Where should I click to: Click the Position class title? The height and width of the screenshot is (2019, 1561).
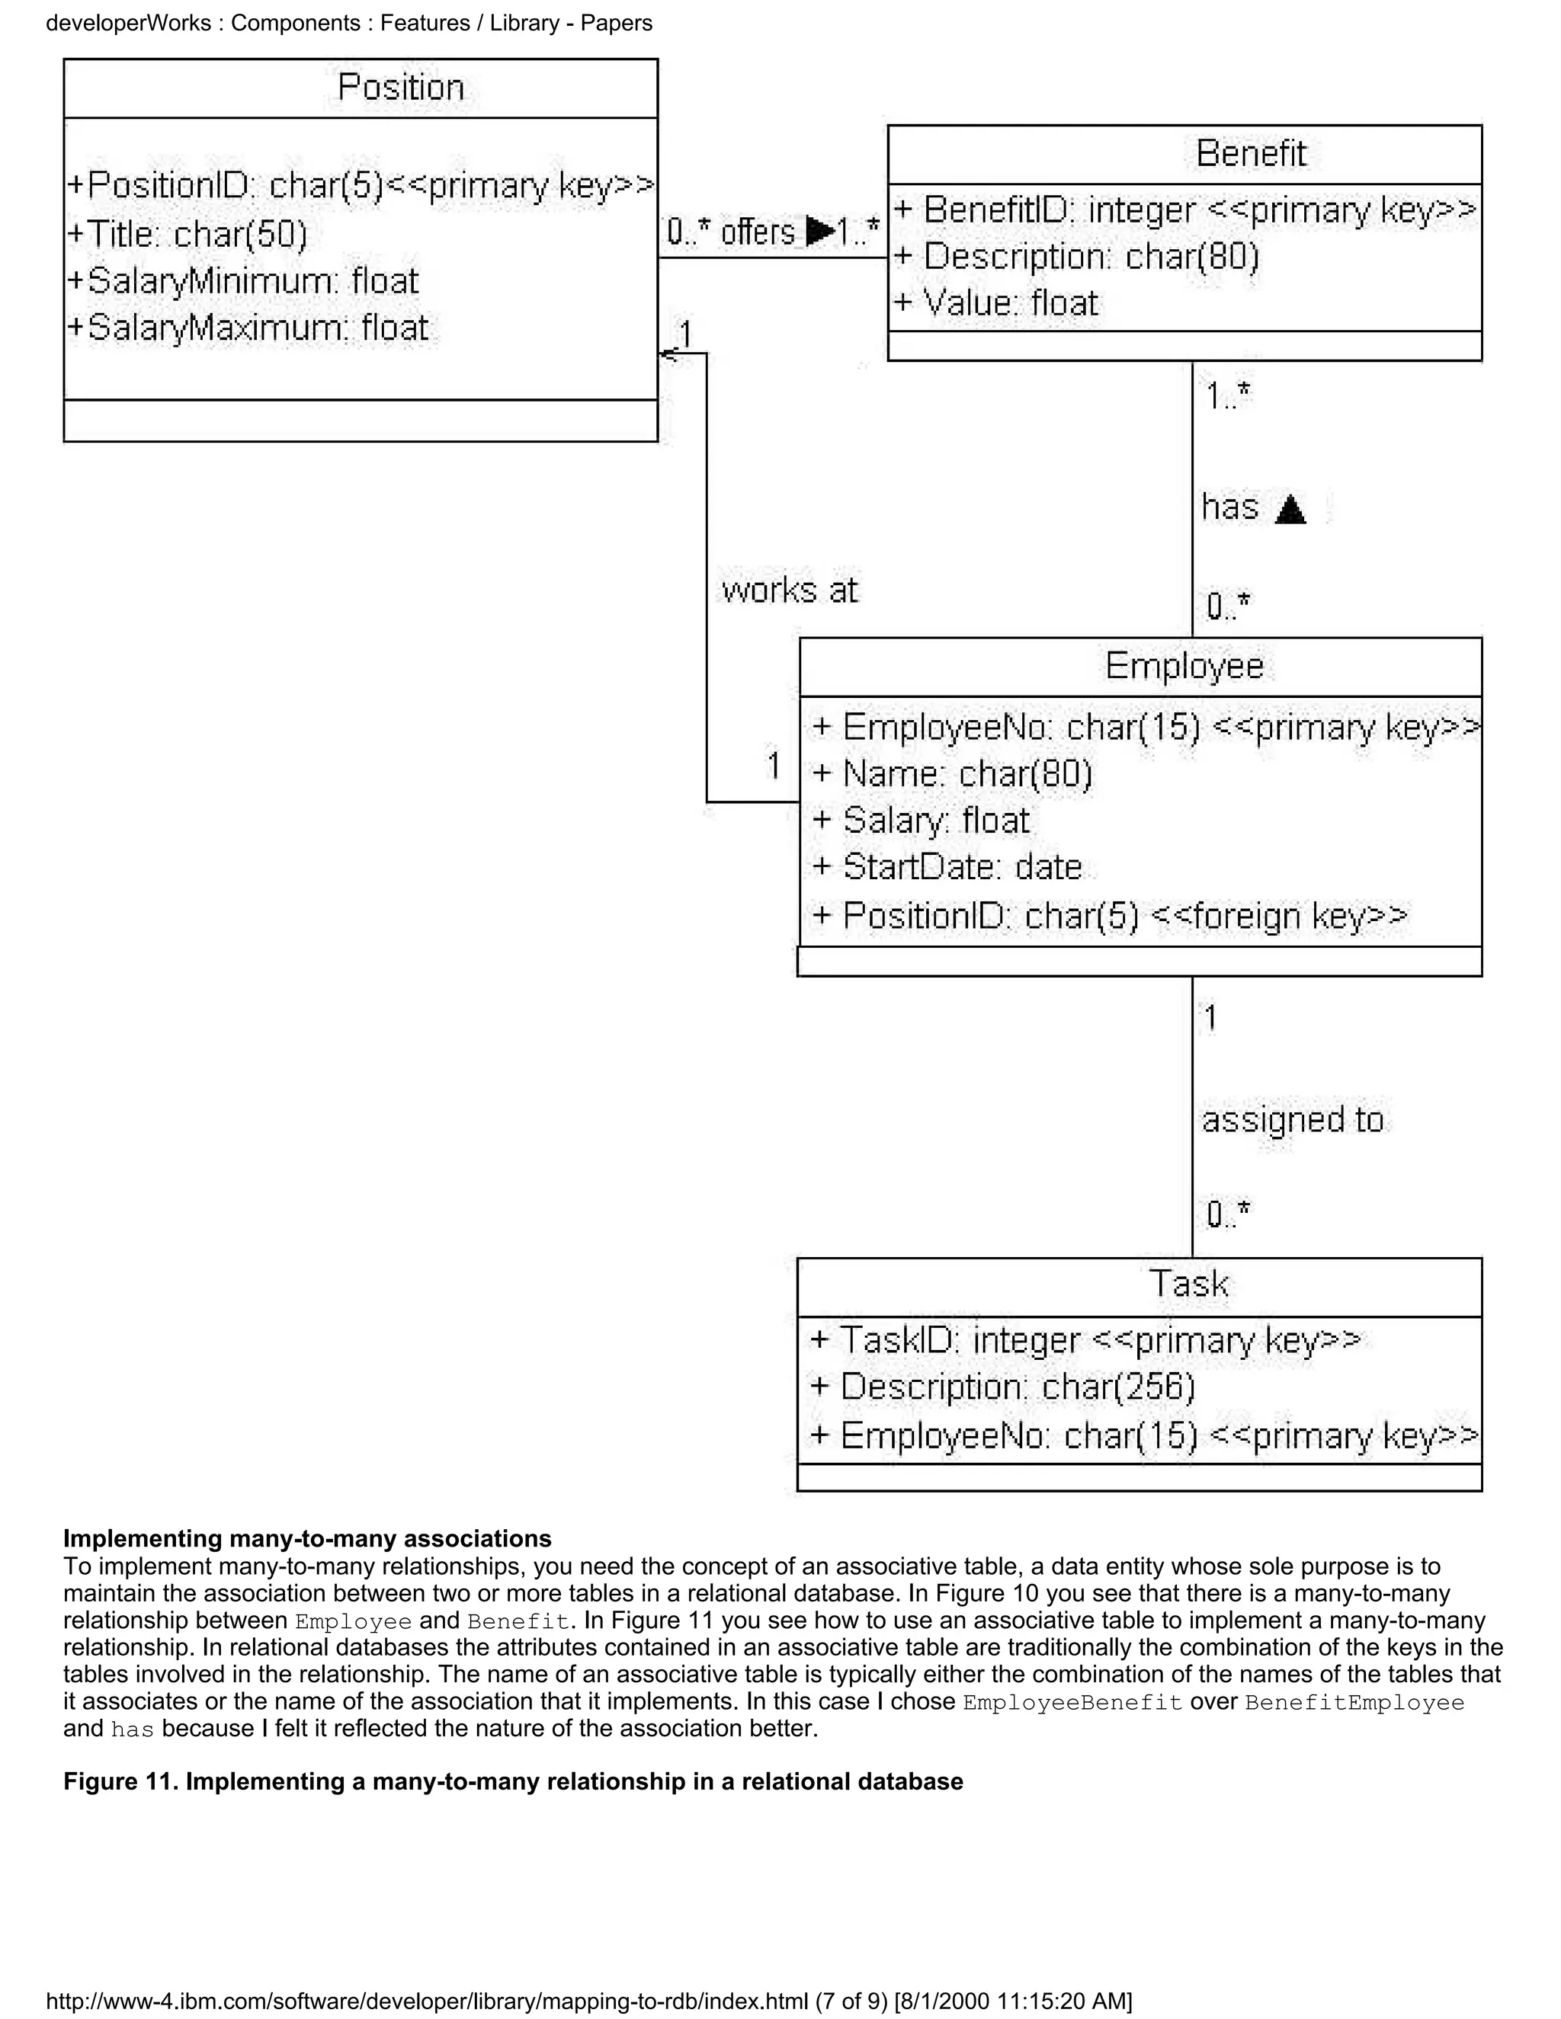[400, 88]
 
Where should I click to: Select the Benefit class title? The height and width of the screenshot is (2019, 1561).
[1250, 153]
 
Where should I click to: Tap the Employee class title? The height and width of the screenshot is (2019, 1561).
[1184, 667]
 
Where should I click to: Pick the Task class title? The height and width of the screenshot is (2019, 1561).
[1188, 1284]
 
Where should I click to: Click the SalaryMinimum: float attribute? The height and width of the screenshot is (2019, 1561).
[244, 281]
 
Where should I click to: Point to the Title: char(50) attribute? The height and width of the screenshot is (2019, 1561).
[188, 234]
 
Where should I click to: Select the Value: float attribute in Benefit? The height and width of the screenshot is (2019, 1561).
[997, 303]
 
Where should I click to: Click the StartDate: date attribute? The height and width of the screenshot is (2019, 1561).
[948, 867]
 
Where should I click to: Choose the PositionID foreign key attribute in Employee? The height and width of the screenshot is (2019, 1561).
[1110, 916]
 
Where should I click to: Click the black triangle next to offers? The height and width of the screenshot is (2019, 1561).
[819, 230]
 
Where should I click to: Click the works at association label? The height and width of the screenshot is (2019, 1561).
[789, 590]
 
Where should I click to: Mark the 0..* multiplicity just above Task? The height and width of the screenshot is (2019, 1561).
[1228, 1213]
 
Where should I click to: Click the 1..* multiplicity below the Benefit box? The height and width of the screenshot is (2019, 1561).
[1228, 397]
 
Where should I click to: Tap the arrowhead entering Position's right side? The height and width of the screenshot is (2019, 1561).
[666, 354]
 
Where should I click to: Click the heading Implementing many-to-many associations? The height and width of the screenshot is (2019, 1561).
[307, 1539]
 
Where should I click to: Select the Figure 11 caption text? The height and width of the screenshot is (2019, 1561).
[513, 1782]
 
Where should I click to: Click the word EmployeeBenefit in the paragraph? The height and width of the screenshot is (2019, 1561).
[1072, 1703]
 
